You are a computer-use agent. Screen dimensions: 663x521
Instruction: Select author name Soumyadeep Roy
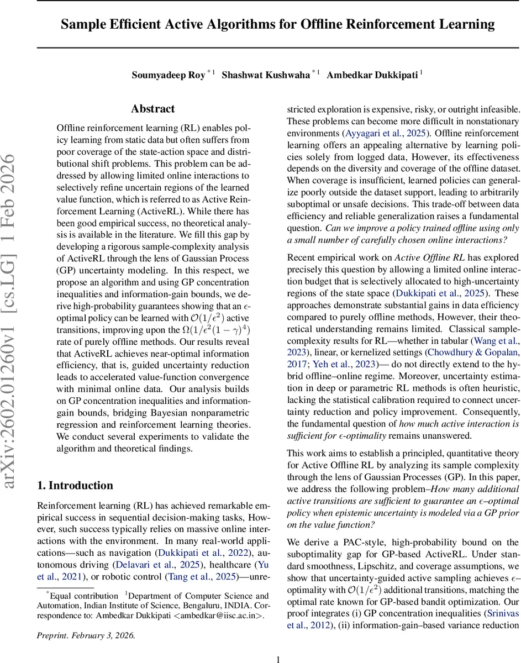click(x=169, y=75)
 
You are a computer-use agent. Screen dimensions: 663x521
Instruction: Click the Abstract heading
click(x=153, y=109)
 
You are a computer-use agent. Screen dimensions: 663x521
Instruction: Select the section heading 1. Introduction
click(x=75, y=486)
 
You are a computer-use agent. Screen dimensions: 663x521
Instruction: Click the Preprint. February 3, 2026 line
click(x=86, y=620)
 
